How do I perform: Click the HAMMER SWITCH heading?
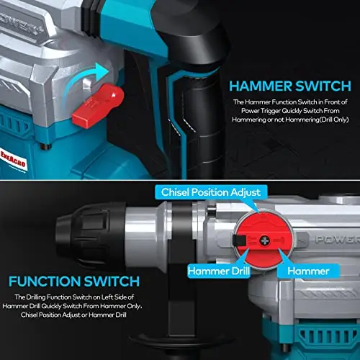tap(290, 86)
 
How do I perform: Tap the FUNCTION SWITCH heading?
tap(74, 282)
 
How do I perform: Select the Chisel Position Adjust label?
tap(211, 192)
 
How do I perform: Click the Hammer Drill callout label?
tap(219, 271)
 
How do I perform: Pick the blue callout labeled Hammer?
tap(308, 271)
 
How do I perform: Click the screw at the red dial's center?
tap(264, 240)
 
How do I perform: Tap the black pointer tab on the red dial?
tap(239, 240)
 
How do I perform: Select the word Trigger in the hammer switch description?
tap(271, 111)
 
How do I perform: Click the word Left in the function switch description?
tap(107, 297)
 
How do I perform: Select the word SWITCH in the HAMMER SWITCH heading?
tap(323, 86)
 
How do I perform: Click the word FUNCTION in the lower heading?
tap(45, 282)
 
